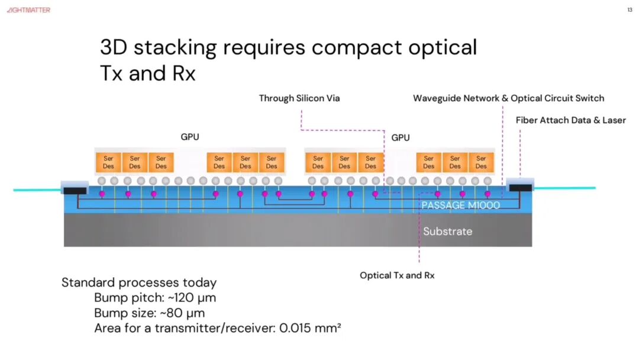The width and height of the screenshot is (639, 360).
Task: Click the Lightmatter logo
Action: point(28,10)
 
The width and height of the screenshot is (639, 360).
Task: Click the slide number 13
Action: point(630,10)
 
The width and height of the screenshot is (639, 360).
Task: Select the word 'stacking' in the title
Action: point(175,48)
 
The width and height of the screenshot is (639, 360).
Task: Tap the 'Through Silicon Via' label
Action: point(299,98)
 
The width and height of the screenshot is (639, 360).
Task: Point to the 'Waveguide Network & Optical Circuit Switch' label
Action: point(509,98)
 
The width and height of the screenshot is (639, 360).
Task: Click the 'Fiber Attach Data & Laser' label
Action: point(570,120)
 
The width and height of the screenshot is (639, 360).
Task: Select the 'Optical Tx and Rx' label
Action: point(397,275)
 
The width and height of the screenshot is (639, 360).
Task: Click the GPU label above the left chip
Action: point(190,137)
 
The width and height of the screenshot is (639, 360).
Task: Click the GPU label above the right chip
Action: point(400,138)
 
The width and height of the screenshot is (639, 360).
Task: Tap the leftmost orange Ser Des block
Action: point(108,162)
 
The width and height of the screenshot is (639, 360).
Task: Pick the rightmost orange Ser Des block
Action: point(481,162)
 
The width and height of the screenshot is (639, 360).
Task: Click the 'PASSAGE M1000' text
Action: point(460,205)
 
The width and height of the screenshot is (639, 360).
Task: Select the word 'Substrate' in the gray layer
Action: point(447,231)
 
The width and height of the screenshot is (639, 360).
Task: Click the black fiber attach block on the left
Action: point(75,191)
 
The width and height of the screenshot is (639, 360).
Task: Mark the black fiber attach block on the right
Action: point(521,188)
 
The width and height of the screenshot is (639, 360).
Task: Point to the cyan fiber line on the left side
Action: point(37,190)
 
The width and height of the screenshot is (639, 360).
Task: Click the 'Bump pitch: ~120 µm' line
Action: point(155,298)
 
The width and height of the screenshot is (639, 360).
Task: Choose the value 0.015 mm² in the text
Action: point(309,328)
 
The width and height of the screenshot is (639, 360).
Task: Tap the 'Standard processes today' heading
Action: point(139,282)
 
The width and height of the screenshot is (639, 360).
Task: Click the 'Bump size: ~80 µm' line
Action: point(149,313)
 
